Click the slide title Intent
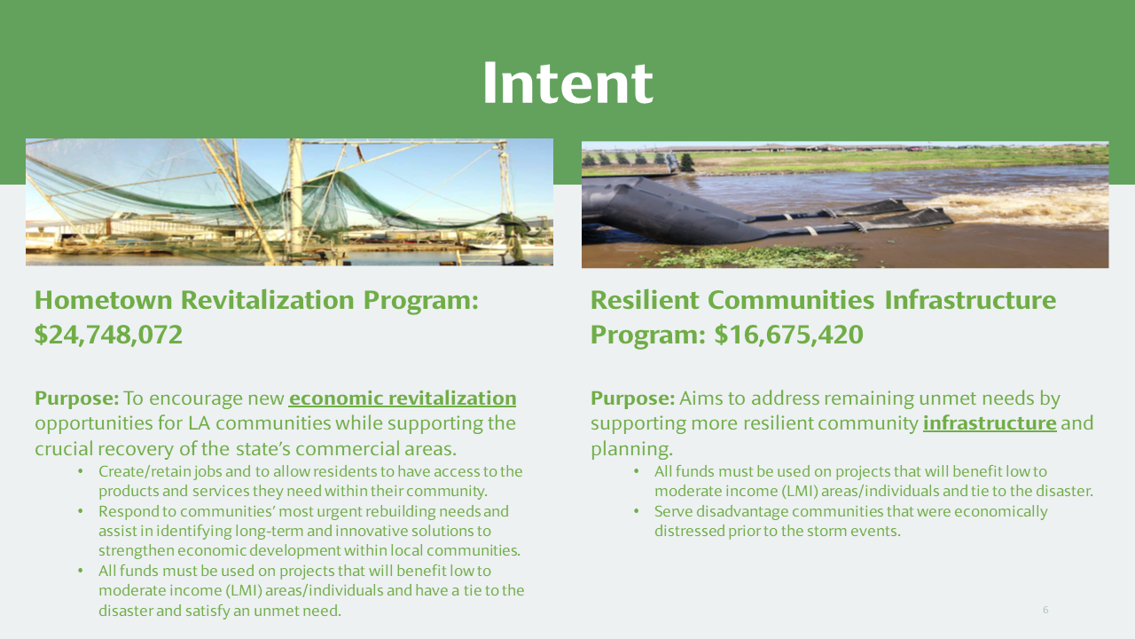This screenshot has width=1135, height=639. [568, 83]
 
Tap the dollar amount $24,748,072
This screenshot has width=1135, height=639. [108, 335]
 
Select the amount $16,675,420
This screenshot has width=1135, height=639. [789, 335]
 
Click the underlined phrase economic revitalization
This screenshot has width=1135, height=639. [403, 398]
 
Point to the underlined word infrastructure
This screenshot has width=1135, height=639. [990, 423]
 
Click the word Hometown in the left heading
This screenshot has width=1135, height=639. [104, 300]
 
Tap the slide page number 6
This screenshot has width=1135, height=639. [1045, 610]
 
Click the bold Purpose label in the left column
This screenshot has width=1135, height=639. [76, 398]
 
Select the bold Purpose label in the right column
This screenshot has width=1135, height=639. [633, 398]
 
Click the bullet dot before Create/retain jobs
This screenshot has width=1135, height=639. [81, 471]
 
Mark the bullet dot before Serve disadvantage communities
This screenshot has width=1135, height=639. [637, 511]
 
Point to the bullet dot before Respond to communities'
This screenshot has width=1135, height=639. [81, 511]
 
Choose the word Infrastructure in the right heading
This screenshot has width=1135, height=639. [970, 300]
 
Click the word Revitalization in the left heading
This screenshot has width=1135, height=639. [267, 300]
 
